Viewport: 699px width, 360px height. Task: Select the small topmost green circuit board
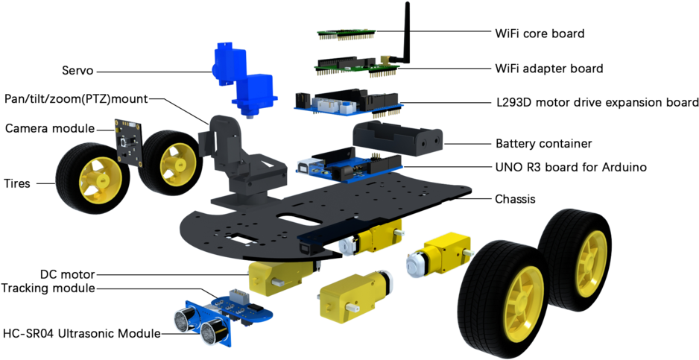coord(346,34)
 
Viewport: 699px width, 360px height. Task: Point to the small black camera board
coord(128,139)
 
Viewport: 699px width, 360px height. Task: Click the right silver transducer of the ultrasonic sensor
coord(213,329)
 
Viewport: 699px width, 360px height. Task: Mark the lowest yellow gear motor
coord(350,294)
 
